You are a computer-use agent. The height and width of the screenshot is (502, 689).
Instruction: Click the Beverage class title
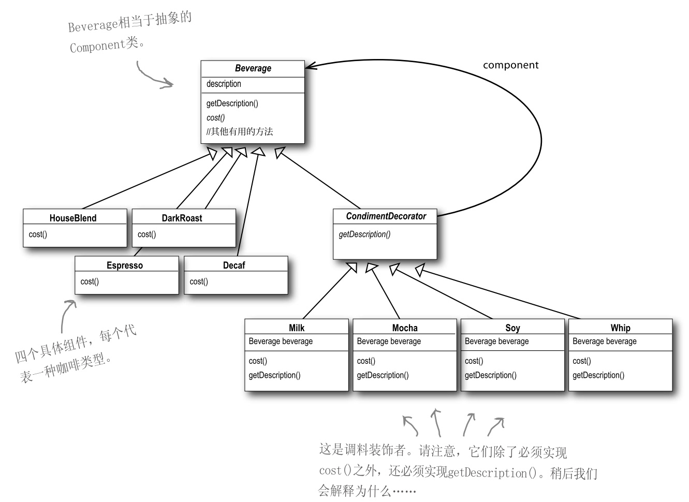253,68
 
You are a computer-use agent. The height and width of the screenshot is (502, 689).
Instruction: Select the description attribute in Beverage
224,84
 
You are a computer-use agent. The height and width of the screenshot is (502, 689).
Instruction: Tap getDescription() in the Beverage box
232,104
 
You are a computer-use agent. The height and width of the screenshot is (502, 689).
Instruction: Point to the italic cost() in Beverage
215,117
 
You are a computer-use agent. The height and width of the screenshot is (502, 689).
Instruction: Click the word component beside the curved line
510,65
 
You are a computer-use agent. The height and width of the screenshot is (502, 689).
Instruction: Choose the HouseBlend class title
73,218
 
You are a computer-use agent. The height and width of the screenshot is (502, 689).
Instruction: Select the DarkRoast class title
182,218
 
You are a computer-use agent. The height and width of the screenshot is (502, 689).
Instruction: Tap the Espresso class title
125,265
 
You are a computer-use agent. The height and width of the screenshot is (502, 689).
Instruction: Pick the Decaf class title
234,265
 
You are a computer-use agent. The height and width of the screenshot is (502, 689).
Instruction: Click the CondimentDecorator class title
386,216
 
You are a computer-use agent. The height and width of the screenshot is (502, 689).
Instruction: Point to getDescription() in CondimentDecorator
364,234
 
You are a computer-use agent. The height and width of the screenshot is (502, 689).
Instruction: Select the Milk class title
297,328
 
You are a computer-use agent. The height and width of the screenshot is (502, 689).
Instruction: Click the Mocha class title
405,328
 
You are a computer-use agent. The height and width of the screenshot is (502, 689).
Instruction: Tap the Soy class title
512,328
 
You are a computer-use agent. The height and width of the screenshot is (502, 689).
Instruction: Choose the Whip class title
620,328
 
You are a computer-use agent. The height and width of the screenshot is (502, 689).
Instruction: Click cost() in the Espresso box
90,282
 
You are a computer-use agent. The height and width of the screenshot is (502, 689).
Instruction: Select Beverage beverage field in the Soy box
496,342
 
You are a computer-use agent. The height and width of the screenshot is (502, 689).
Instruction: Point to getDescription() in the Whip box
598,375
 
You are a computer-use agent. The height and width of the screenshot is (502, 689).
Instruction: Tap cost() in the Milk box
258,361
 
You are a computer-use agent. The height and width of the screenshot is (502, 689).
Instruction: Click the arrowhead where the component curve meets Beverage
311,66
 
